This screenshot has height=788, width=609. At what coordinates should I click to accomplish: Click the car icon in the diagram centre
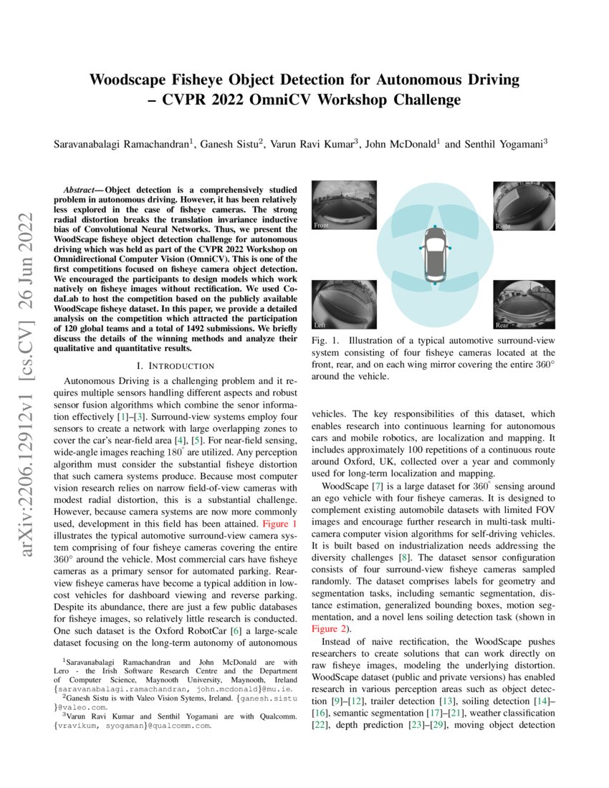click(x=433, y=255)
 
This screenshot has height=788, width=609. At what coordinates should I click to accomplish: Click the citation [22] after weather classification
click(x=320, y=726)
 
